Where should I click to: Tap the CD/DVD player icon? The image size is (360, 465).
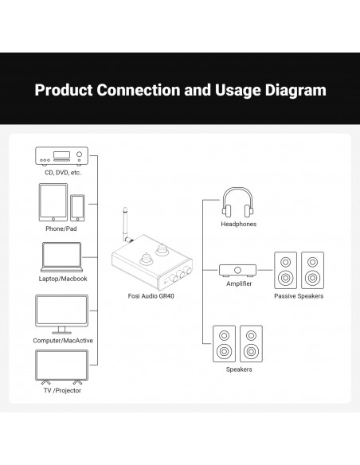(x=61, y=156)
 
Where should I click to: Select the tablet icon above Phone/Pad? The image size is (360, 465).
(x=53, y=202)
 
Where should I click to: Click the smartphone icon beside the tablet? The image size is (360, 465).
(x=77, y=208)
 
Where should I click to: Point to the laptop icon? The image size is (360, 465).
(x=61, y=257)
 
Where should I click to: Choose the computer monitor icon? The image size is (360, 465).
(x=61, y=315)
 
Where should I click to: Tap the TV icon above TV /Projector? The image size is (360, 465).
(x=61, y=367)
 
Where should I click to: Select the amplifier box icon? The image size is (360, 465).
(x=237, y=271)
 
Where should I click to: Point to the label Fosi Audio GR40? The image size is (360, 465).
(x=151, y=296)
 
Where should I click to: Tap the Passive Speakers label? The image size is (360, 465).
(x=299, y=296)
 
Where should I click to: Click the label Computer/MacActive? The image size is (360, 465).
(x=63, y=341)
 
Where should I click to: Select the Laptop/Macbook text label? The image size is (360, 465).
(x=63, y=279)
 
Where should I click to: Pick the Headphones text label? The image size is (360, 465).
(x=238, y=225)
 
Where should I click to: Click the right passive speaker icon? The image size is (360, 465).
(x=312, y=270)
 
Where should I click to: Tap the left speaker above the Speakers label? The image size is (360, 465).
(x=224, y=344)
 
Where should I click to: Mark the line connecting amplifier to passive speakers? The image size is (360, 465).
(x=265, y=270)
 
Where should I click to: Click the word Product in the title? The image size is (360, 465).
(x=64, y=90)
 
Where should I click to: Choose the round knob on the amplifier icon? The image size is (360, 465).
(x=237, y=270)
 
